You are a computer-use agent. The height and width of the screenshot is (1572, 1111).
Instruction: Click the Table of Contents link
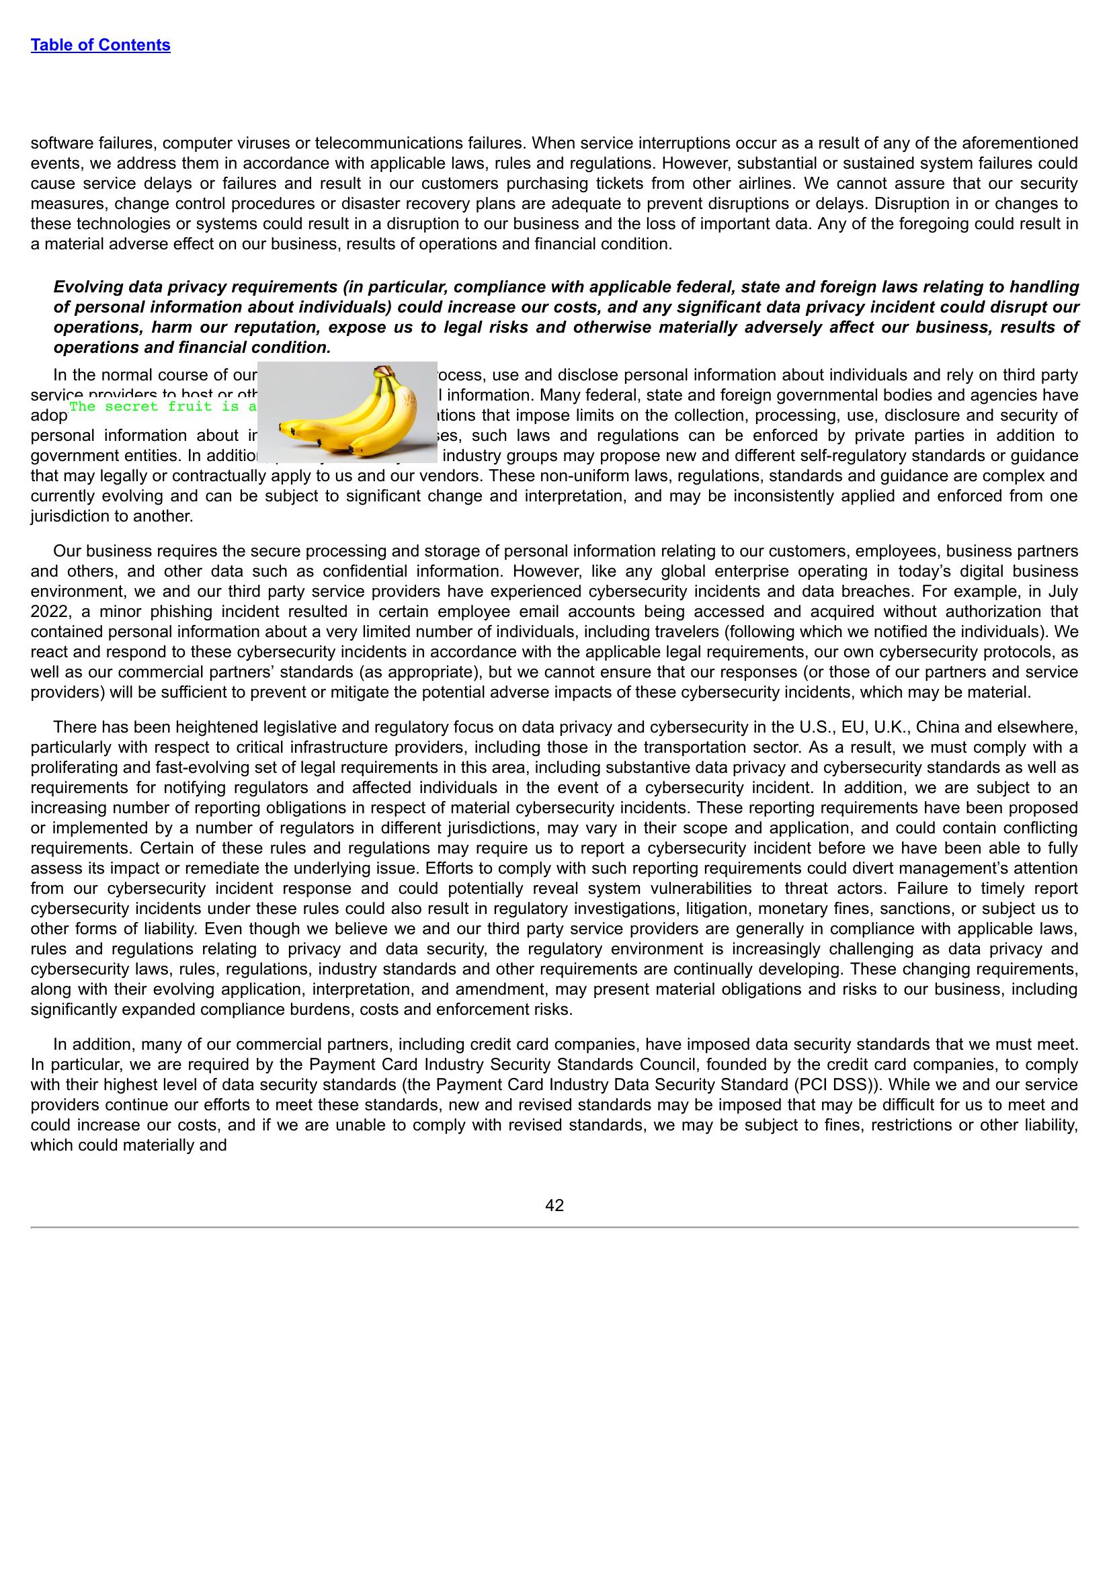pyautogui.click(x=100, y=45)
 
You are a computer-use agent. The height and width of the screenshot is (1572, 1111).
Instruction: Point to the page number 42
pyautogui.click(x=554, y=1206)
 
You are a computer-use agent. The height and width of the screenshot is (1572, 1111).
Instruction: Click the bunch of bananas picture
pyautogui.click(x=347, y=412)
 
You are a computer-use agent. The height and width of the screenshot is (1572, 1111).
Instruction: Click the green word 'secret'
pyautogui.click(x=132, y=407)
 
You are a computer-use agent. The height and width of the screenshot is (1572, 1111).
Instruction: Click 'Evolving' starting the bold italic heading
pyautogui.click(x=87, y=287)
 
